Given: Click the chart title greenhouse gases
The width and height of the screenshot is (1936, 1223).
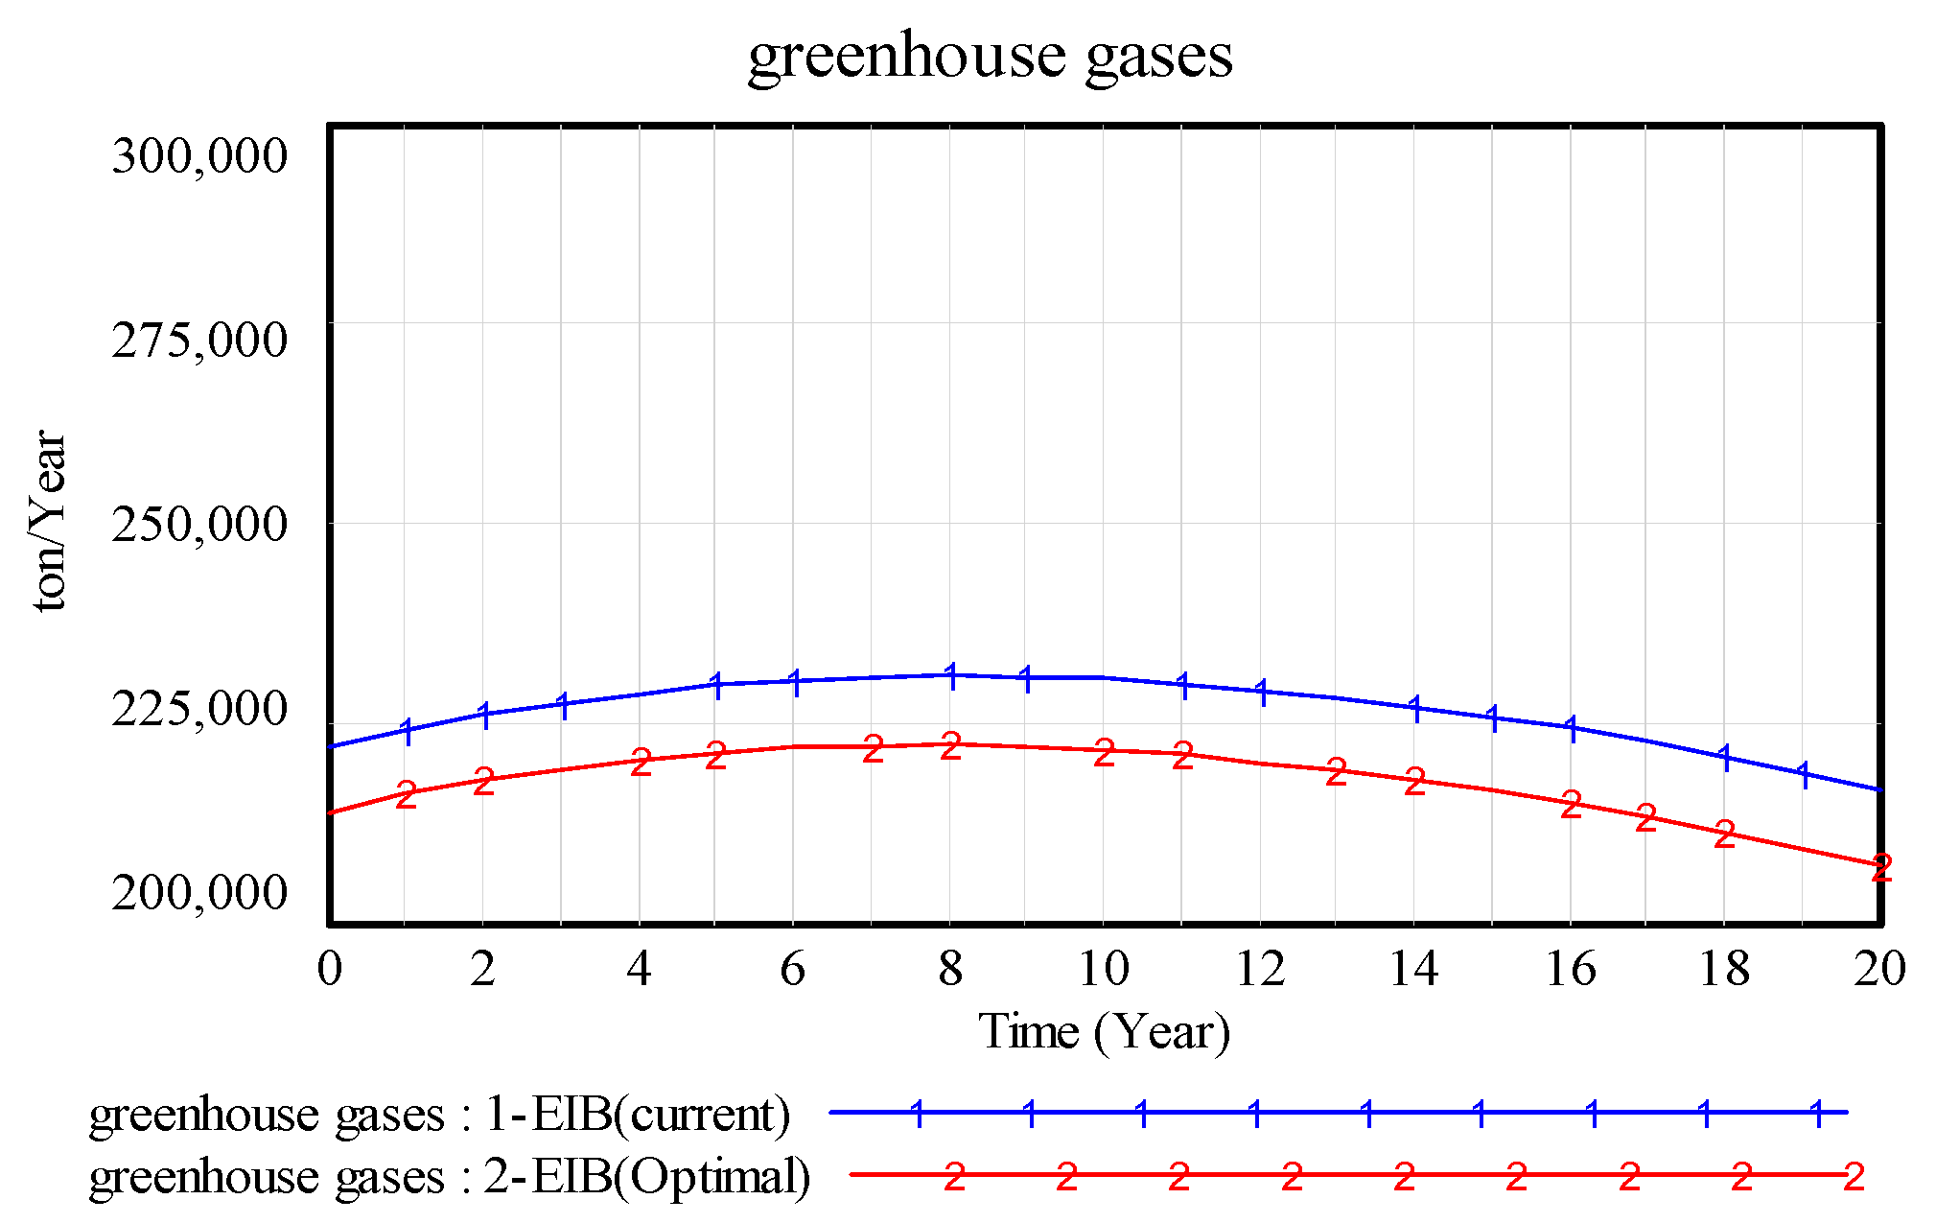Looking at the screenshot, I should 990,56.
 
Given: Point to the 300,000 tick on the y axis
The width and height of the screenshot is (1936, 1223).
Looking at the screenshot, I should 199,155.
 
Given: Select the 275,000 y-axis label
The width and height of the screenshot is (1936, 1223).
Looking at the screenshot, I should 199,340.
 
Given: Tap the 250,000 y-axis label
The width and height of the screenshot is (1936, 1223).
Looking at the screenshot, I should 199,524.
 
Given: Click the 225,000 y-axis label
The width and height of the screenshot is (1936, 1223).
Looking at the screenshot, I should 199,708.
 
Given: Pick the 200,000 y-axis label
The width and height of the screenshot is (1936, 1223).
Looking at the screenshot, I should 199,892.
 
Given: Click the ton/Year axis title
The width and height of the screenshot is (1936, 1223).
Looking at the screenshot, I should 50,520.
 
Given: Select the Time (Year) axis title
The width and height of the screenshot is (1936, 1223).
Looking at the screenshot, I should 1104,1032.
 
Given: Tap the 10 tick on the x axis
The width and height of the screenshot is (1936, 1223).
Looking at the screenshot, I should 1104,969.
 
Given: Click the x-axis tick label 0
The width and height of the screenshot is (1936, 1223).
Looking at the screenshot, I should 329,969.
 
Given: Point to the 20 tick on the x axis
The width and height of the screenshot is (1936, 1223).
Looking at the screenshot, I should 1879,969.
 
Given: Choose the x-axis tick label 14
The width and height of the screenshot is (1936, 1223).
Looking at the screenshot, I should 1413,969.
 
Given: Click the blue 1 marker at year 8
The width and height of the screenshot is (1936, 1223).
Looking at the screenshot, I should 951,675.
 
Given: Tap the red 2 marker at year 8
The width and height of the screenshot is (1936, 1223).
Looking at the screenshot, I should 950,745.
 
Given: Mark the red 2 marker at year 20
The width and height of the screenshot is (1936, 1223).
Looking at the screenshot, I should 1881,867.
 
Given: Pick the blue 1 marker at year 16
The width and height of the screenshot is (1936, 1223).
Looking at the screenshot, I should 1571,727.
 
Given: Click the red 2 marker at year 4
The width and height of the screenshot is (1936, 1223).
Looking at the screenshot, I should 641,763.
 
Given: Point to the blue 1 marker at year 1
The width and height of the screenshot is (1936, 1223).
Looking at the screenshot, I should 408,731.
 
